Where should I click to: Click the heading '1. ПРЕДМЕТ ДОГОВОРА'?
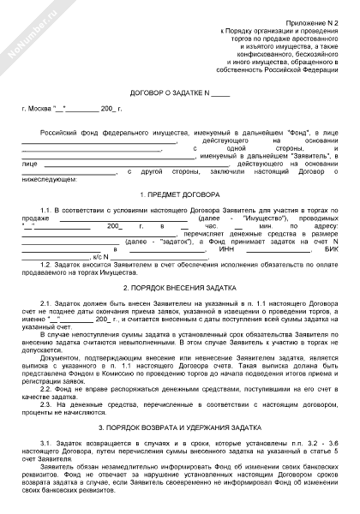click(x=180, y=196)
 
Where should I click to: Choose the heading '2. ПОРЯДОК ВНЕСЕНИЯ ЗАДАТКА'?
click(x=180, y=289)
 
